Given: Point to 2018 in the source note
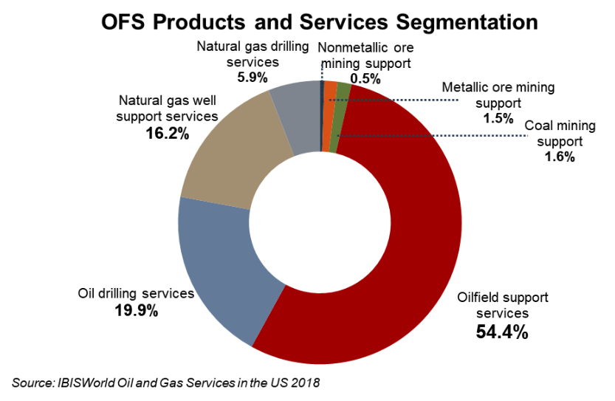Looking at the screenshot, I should coord(306,383).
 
